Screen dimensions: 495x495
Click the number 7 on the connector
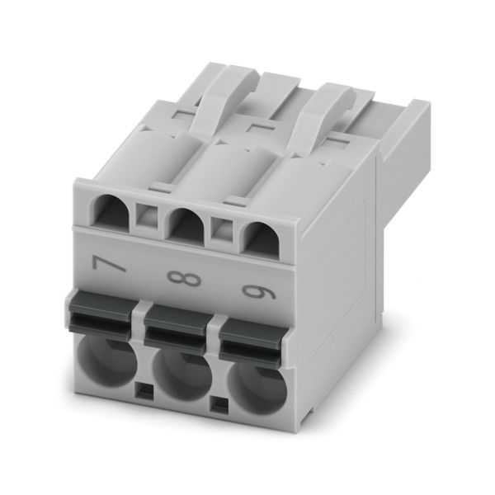tap(108, 263)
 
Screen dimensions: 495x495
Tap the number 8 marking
tap(184, 279)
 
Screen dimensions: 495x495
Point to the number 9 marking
tap(259, 292)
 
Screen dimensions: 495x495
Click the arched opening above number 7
tap(111, 213)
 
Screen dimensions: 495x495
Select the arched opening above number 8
tap(185, 227)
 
